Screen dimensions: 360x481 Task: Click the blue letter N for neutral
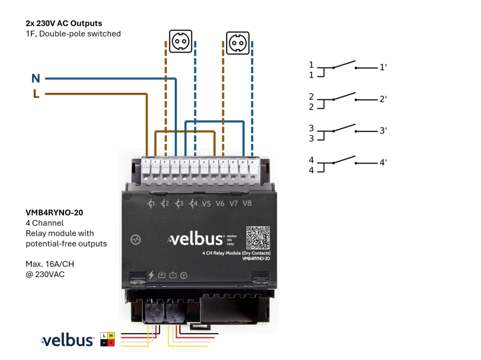tap(36, 79)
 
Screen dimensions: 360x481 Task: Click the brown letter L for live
tap(36, 94)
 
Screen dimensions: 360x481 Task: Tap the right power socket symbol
tap(238, 43)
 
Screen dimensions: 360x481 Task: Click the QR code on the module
tap(258, 238)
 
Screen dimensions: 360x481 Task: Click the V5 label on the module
tap(206, 204)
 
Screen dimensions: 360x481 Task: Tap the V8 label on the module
tap(247, 204)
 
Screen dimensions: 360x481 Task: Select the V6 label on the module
tap(220, 204)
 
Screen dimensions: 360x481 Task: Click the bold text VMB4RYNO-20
tap(54, 212)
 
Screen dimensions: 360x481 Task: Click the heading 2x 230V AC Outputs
tap(64, 23)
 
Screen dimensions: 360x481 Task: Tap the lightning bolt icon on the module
tap(151, 275)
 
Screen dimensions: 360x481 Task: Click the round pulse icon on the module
tap(136, 239)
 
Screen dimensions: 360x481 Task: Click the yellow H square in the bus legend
tap(111, 336)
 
